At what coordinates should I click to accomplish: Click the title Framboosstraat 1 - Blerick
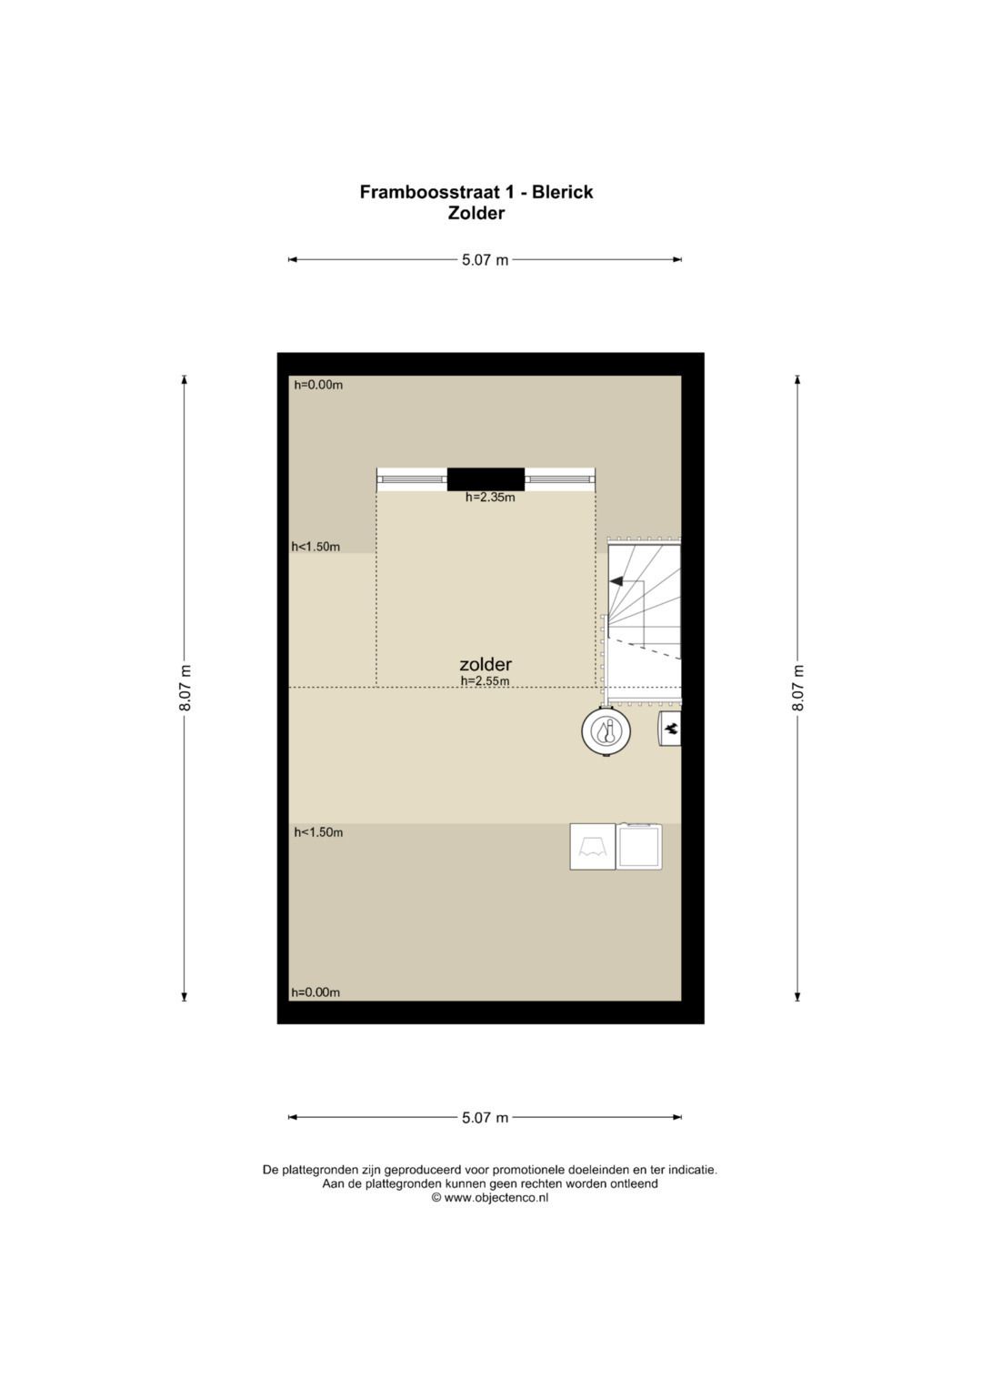click(x=476, y=192)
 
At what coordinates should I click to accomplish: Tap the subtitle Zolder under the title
click(x=476, y=214)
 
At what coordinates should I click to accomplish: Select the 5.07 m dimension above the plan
click(x=485, y=260)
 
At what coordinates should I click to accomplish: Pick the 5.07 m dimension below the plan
click(x=485, y=1117)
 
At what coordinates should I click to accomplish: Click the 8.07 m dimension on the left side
click(x=185, y=689)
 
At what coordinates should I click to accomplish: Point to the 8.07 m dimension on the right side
click(x=797, y=689)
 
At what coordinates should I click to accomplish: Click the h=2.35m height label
click(x=490, y=498)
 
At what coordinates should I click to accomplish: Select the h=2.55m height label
click(x=485, y=681)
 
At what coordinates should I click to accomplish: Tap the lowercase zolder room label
click(x=486, y=664)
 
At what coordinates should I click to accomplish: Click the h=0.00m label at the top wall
click(x=318, y=385)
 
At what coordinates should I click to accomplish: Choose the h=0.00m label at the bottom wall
click(x=316, y=992)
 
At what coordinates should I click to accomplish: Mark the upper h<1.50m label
click(x=316, y=547)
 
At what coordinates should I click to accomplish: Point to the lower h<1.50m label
click(x=318, y=832)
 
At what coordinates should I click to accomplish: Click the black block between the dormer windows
click(x=486, y=478)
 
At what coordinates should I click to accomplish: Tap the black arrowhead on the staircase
click(x=616, y=581)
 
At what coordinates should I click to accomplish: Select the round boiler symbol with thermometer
click(x=606, y=731)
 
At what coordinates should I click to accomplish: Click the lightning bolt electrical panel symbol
click(x=670, y=730)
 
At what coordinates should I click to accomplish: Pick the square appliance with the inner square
click(x=639, y=847)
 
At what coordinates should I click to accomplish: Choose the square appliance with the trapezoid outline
click(x=593, y=847)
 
